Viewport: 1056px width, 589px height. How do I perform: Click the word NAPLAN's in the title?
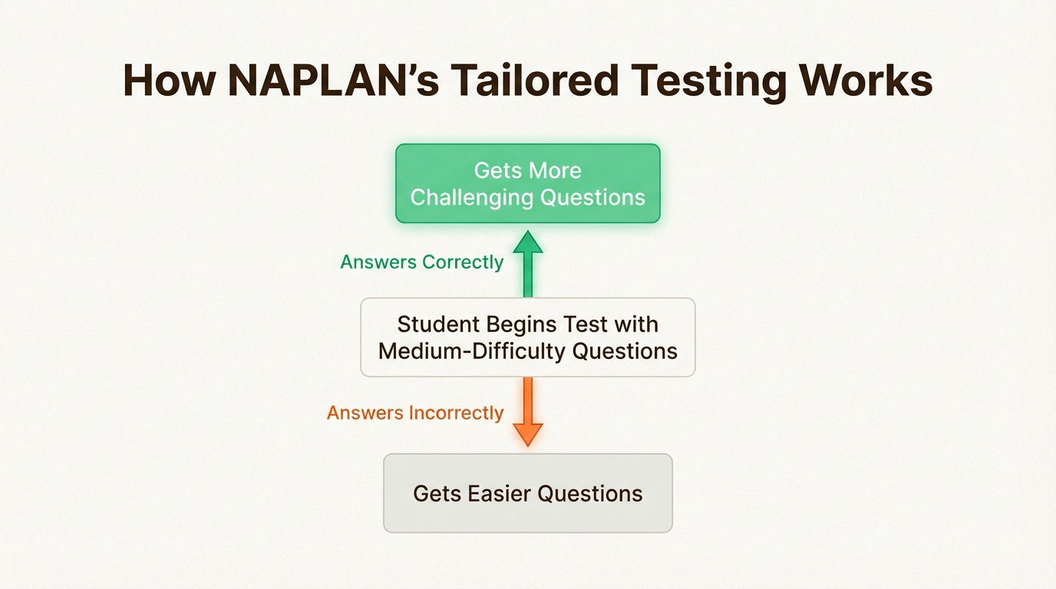tap(333, 79)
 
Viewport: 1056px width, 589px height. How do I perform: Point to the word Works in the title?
tap(867, 79)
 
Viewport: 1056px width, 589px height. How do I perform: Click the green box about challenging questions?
tap(527, 183)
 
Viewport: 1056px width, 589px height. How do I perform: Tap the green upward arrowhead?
tap(528, 242)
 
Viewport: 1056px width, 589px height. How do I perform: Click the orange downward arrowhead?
tap(528, 434)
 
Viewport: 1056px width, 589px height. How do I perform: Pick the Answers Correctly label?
tap(422, 262)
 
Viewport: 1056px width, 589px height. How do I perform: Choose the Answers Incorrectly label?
tap(415, 413)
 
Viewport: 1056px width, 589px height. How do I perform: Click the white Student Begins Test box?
tap(527, 337)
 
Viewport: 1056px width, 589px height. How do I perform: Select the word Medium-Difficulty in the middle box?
tap(473, 351)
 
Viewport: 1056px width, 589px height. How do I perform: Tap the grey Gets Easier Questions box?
tap(527, 493)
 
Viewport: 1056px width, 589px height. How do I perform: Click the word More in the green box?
tap(555, 170)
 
